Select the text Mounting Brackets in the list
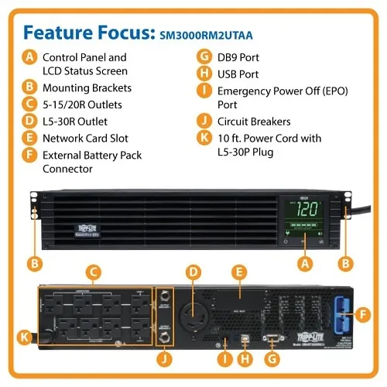click(87, 87)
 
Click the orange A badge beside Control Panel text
click(29, 57)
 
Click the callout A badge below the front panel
click(304, 263)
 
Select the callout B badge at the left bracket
click(34, 263)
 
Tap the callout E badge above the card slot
click(239, 272)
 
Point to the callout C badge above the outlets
click(93, 272)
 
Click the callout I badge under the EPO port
click(225, 358)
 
